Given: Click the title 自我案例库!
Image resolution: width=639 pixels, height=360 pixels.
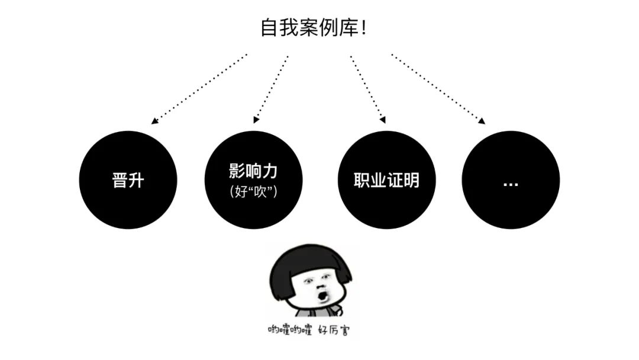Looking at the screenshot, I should tap(314, 28).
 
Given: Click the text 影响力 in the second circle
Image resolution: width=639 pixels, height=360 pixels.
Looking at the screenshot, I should tap(253, 171).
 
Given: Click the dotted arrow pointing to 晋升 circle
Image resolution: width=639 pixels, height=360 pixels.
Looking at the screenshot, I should tap(199, 89).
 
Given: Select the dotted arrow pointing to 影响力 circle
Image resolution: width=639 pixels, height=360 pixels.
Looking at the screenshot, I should tap(271, 89).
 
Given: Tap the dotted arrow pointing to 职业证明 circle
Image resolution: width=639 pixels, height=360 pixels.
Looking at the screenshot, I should tap(367, 89).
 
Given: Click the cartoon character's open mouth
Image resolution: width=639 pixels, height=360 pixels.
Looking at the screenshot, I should tap(322, 294).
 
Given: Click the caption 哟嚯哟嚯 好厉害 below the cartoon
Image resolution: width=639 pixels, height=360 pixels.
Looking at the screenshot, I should tap(308, 330).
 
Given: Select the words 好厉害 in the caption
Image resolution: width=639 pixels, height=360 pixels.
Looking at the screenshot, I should tap(333, 330).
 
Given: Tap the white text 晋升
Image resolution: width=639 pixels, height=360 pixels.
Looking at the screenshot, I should tap(128, 180).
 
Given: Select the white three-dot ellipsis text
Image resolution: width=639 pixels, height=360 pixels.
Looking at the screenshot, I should tap(511, 184).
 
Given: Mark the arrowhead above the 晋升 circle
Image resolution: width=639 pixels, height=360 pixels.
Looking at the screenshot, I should tap(154, 121).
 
